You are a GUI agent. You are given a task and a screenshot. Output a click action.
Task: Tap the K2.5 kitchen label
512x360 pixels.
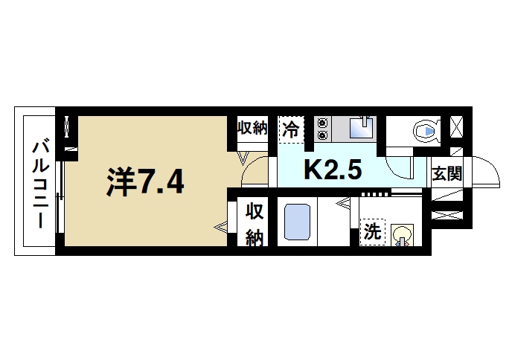[x=332, y=170]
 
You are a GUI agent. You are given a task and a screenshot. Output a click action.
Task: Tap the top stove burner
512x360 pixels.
[x=321, y=123]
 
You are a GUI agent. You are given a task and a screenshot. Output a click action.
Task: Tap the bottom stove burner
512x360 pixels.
[x=321, y=135]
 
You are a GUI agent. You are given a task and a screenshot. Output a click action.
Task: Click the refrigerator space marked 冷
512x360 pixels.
[x=291, y=129]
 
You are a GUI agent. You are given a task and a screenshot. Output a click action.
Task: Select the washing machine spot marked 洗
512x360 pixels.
[x=371, y=232]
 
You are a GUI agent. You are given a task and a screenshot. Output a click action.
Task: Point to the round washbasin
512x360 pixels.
[x=402, y=233]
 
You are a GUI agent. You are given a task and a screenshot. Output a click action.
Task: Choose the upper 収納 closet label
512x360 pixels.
[x=252, y=128]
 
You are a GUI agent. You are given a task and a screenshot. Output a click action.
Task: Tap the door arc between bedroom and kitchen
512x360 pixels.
[x=253, y=170]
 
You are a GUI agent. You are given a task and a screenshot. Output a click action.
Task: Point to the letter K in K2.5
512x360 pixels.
[x=313, y=170]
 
